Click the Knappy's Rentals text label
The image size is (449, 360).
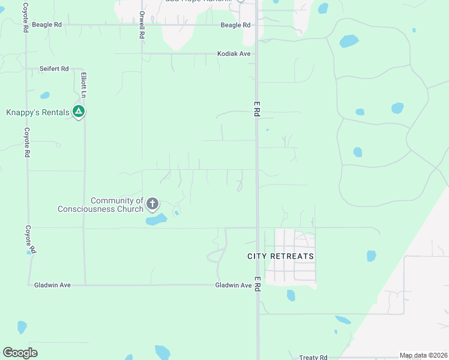(x=37, y=112)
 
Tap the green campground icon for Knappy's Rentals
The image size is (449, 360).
(x=78, y=111)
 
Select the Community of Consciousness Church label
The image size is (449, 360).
(x=100, y=205)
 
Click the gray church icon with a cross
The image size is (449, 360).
(x=153, y=204)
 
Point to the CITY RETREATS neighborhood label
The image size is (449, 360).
(x=281, y=256)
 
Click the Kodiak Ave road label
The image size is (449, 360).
(x=234, y=54)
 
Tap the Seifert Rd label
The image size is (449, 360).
(x=54, y=69)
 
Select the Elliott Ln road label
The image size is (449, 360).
(x=84, y=86)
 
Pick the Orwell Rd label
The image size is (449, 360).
(x=142, y=24)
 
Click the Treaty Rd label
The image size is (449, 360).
(x=313, y=357)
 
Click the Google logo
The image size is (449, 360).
(x=20, y=353)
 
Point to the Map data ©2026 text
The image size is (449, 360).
(x=423, y=356)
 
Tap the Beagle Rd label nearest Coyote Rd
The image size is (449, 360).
(x=47, y=25)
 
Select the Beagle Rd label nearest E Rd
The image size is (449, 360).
(x=235, y=25)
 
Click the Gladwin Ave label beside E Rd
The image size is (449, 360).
(x=234, y=285)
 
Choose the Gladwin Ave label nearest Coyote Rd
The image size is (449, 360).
(x=53, y=285)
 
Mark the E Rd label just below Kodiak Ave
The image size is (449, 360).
(x=256, y=109)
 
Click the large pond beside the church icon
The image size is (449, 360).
(x=156, y=220)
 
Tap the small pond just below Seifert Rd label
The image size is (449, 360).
(x=45, y=95)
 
